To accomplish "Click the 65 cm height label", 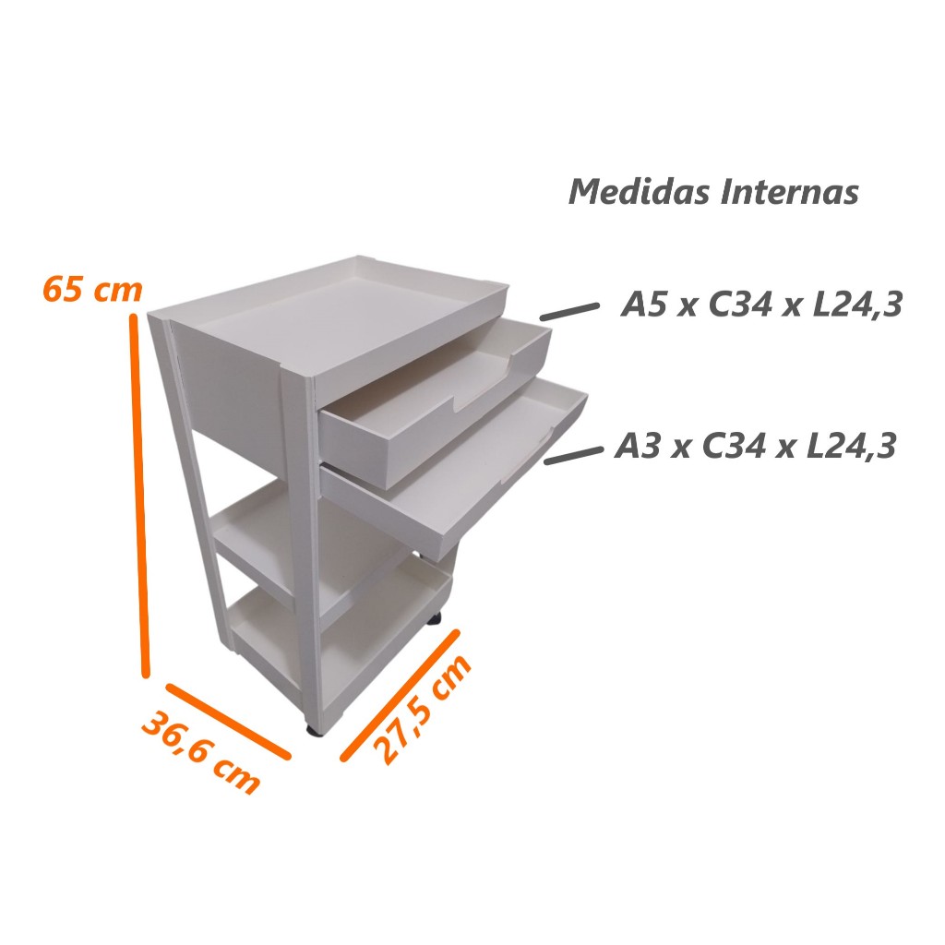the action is coord(92,289).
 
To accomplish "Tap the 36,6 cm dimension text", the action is coord(200,752).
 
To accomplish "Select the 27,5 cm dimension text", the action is coord(421,710).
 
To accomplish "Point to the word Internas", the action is coord(790,192).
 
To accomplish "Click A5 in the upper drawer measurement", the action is coord(643,304).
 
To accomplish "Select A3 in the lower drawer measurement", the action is coord(638,447).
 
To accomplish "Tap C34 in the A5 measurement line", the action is coord(740,304).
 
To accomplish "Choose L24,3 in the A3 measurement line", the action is coord(854,447).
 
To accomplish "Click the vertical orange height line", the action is coord(138,495).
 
